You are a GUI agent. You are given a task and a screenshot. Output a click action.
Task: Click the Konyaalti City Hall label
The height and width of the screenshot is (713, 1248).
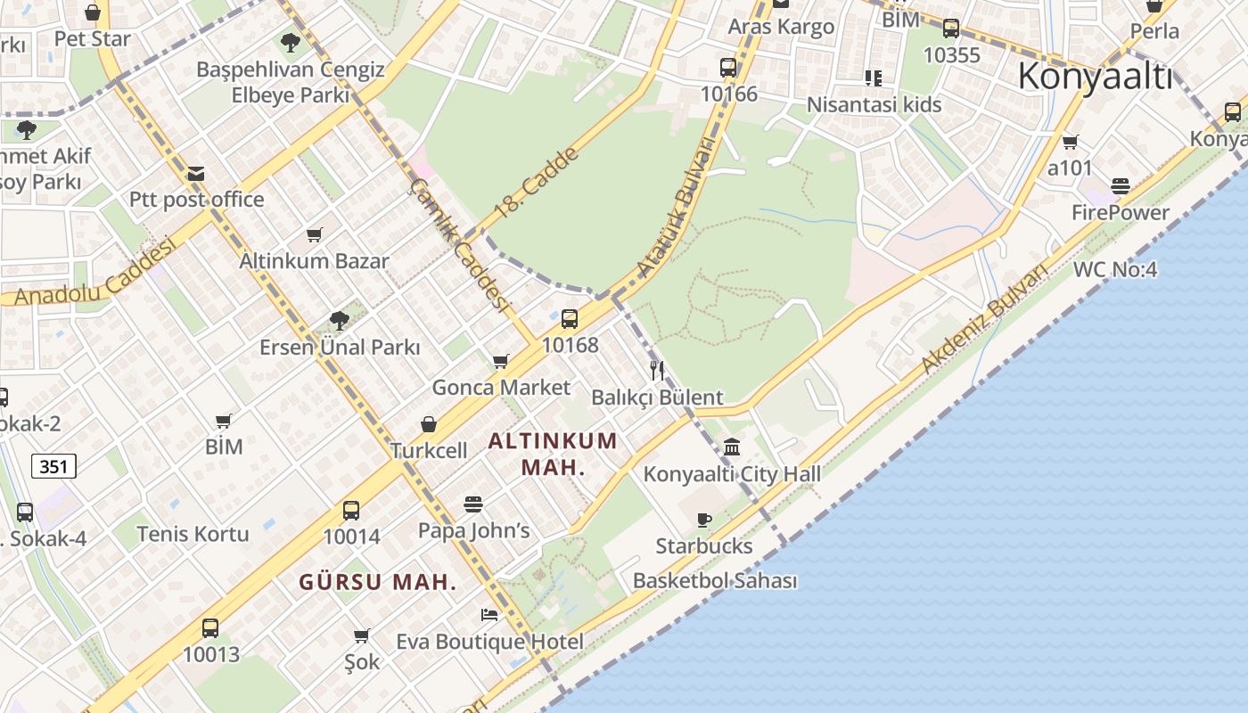(732, 474)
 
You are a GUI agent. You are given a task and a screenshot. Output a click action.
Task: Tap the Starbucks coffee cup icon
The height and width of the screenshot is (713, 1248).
(704, 520)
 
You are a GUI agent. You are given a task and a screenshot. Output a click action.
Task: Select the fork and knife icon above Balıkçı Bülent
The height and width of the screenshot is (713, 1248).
(657, 371)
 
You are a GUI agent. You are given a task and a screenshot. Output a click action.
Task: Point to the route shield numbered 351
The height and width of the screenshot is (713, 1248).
(53, 465)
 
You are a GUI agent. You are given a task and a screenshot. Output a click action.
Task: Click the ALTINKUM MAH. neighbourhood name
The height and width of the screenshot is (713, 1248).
(553, 454)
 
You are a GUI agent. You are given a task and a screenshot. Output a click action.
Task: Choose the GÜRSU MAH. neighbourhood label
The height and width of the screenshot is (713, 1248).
(377, 583)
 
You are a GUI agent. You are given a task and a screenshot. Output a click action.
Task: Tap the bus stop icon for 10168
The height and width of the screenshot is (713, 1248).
(570, 318)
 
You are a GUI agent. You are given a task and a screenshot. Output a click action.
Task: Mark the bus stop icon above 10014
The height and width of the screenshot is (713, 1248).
(351, 511)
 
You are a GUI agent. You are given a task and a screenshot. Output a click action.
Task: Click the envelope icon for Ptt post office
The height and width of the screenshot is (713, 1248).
(196, 174)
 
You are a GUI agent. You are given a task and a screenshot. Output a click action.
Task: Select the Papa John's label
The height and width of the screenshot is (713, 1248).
(473, 531)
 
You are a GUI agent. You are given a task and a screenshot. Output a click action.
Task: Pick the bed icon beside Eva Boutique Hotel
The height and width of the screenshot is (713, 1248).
(489, 615)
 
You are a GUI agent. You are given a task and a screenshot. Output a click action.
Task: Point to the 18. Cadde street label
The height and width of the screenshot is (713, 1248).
(536, 184)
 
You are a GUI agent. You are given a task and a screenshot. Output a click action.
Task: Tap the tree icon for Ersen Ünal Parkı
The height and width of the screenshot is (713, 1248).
(339, 321)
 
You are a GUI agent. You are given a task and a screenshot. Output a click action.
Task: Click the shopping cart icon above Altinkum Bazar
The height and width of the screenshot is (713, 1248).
(314, 235)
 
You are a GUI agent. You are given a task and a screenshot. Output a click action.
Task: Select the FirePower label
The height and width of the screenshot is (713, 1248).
(1120, 212)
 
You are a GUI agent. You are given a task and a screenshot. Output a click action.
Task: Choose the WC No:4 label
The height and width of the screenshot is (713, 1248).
(1114, 269)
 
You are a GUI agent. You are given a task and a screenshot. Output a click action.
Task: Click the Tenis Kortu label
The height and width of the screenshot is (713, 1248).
(193, 534)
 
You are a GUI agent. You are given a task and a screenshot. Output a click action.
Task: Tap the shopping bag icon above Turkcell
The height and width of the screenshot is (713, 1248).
(429, 424)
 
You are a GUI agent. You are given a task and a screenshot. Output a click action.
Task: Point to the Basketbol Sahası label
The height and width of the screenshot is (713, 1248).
(714, 581)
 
